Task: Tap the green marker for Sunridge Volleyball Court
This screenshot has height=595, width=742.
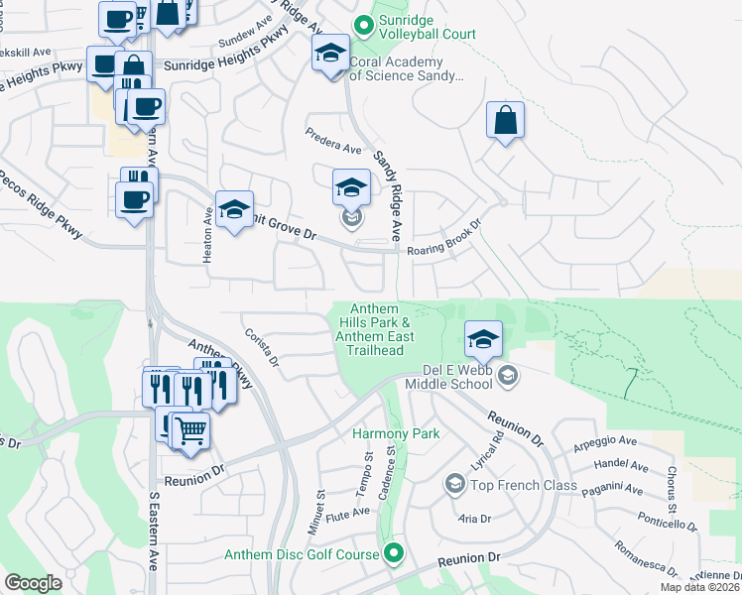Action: click(x=363, y=22)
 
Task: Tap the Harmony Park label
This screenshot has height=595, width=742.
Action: click(x=396, y=433)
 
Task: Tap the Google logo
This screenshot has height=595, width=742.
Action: click(x=33, y=582)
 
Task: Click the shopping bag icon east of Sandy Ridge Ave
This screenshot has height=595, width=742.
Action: click(x=505, y=120)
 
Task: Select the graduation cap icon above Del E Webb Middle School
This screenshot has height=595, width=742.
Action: click(x=482, y=340)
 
